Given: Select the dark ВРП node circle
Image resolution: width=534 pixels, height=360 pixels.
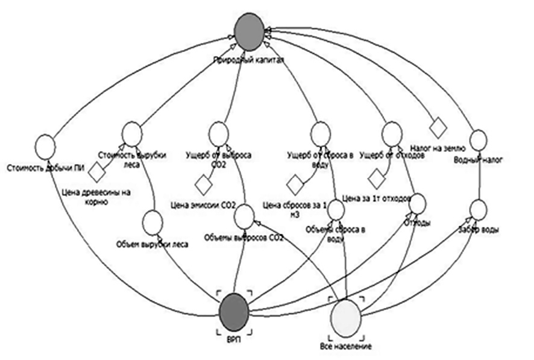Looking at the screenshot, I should tap(234, 310).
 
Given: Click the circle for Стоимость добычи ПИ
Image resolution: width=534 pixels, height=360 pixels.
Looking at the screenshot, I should tap(45, 145).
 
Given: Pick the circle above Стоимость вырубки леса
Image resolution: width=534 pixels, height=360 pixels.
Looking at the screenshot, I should tap(131, 133).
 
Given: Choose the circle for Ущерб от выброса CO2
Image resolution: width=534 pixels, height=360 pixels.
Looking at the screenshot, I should tap(219, 133).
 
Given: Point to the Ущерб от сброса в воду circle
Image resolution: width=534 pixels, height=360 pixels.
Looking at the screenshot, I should tap(321, 132).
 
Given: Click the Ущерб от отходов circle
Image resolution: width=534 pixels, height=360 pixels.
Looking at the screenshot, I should tap(392, 133).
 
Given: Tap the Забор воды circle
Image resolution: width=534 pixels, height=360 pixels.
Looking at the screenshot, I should tap(477, 209).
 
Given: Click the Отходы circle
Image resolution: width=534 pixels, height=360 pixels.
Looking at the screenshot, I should tap(417, 203).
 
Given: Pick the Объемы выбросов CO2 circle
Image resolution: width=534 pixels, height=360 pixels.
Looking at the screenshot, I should tap(244, 216).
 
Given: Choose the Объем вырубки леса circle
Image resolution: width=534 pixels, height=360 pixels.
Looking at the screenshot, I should tap(152, 223).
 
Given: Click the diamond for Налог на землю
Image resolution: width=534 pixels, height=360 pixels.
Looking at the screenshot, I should tap(437, 127).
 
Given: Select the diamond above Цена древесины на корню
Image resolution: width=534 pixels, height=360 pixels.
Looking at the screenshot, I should tap(96, 173).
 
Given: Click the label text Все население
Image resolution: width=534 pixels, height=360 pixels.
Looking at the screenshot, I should tap(345, 346).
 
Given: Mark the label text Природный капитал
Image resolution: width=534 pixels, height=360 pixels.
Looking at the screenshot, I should tap(248, 60).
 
